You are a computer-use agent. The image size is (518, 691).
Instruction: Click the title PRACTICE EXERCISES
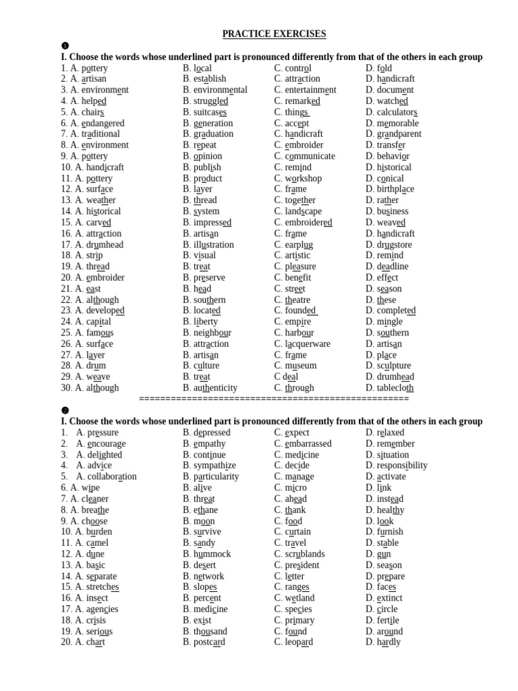(274, 34)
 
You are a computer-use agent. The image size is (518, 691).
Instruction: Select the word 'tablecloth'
(395, 388)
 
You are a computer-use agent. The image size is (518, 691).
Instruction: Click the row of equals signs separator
(274, 399)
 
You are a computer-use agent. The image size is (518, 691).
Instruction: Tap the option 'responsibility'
(402, 466)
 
